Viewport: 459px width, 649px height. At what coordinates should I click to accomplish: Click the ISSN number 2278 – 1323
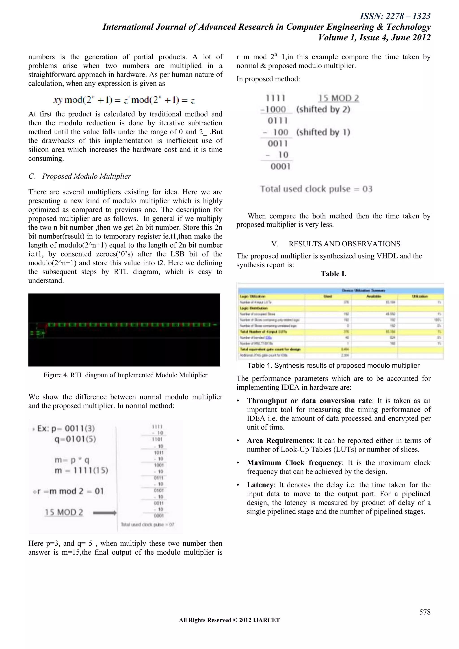tap(395, 16)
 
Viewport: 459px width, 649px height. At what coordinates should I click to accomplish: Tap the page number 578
tap(424, 612)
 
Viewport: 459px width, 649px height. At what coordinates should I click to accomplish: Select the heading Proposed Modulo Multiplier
tap(86, 176)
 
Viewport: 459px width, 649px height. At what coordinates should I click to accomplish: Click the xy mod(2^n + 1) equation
tap(124, 100)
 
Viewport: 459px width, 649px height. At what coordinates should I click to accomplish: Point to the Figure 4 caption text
tap(125, 375)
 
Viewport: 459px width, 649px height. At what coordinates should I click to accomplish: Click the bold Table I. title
tap(333, 274)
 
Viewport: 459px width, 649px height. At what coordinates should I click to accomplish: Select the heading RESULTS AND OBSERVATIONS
tap(344, 244)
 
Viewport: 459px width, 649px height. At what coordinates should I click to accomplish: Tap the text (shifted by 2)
tap(323, 109)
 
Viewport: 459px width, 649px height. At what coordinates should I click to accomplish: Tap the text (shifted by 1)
tap(323, 132)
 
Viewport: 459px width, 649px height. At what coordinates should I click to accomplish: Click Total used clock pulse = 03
tap(316, 189)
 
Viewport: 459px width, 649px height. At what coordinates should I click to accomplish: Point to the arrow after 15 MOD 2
tap(104, 512)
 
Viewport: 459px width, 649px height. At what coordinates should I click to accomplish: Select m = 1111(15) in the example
tap(81, 470)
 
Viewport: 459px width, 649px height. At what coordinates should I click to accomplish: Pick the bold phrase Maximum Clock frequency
tap(294, 462)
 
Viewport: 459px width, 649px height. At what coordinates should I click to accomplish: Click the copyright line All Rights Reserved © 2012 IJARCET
tap(229, 620)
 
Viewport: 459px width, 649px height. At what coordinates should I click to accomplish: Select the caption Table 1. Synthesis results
tap(333, 365)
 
